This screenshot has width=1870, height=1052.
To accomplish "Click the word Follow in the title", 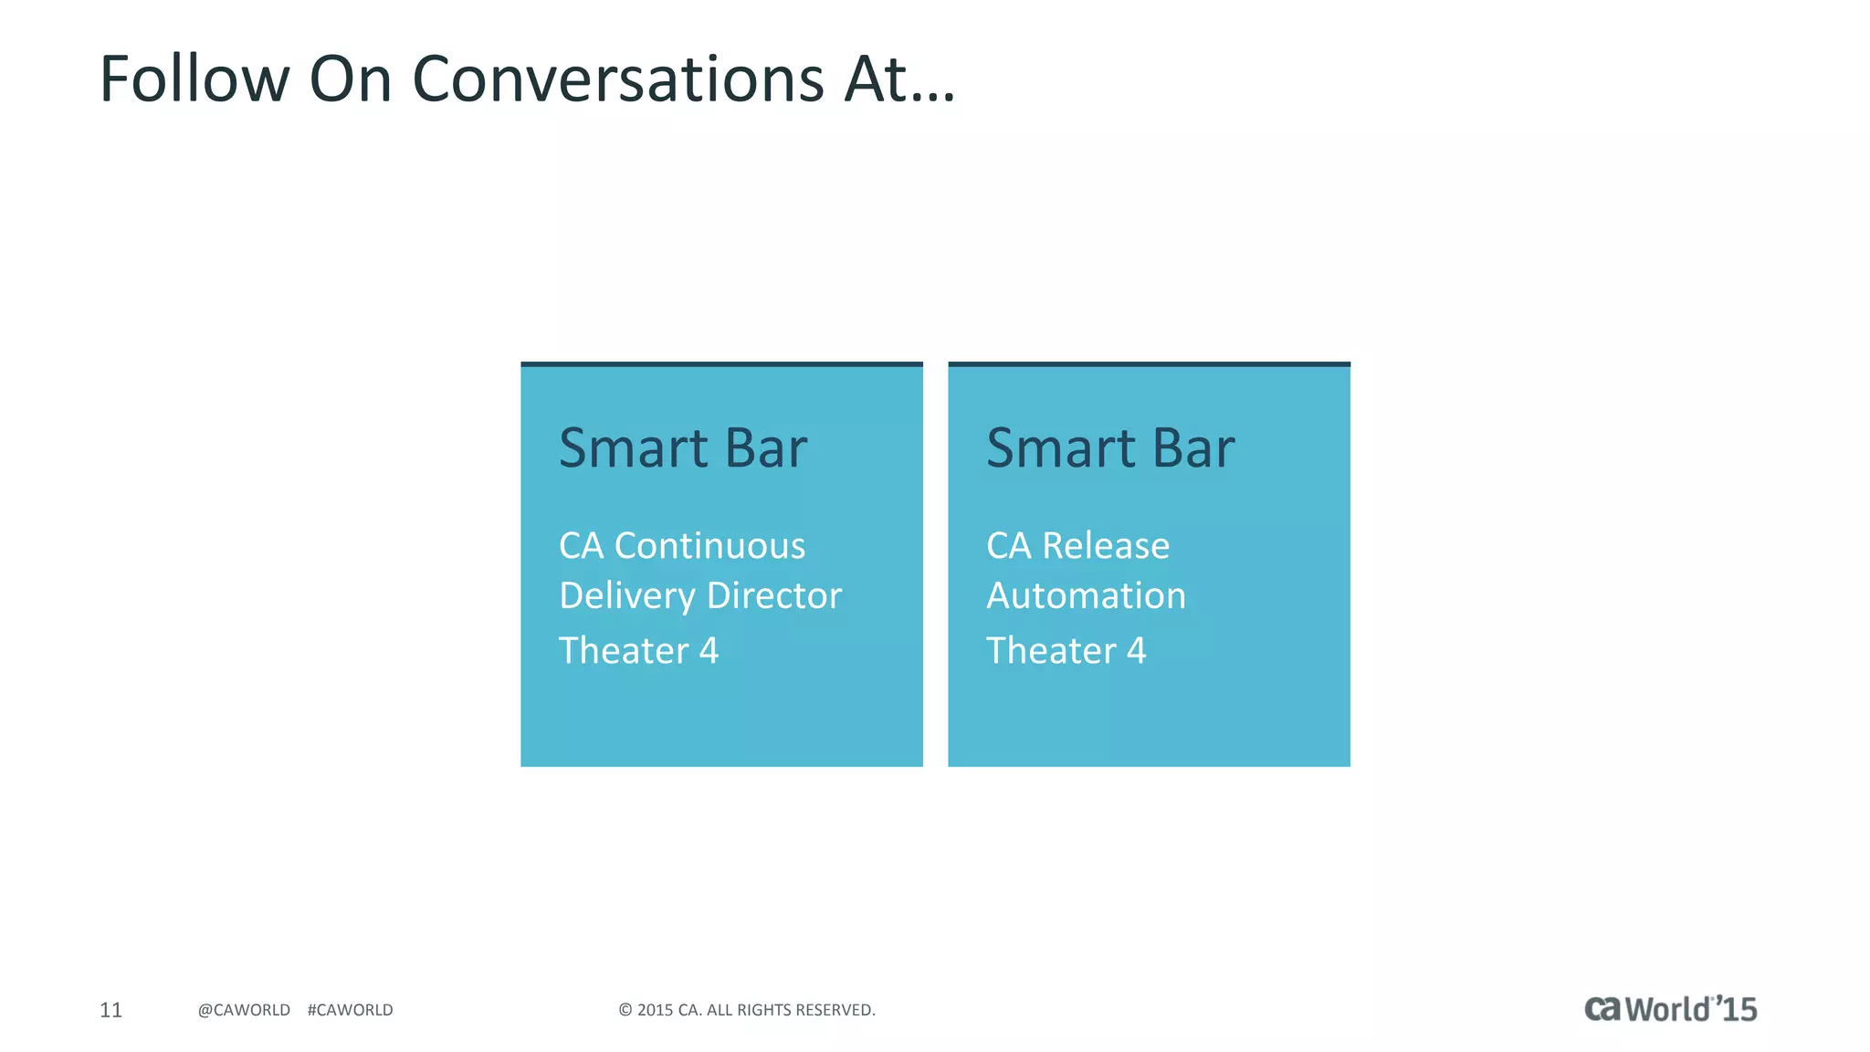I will point(194,79).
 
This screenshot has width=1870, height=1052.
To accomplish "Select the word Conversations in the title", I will point(618,79).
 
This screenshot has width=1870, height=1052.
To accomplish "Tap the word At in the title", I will point(877,79).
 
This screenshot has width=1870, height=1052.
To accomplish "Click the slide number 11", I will point(110,1009).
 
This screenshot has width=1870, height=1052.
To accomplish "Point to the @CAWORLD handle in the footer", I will point(244,1009).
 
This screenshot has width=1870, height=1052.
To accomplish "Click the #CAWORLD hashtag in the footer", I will point(350,1009).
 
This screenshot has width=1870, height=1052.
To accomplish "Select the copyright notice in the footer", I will point(747,1009).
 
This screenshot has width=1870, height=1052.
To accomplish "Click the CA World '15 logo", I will point(1670,1008).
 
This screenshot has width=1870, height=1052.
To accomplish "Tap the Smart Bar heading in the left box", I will point(683,448).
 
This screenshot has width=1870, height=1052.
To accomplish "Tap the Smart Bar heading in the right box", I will point(1110,448).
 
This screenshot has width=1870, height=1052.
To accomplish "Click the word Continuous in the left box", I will point(709,546).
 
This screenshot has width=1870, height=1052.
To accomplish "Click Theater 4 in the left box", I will point(638,651).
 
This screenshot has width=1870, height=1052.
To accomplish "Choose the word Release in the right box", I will point(1106,546).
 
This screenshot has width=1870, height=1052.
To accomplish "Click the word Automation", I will point(1086,595).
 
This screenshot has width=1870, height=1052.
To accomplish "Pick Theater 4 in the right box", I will point(1066,651).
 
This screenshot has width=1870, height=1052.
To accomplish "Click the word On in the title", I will point(351,79).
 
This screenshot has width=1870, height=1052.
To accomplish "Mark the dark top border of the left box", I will point(721,364).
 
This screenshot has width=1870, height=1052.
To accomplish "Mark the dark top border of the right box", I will point(1149,364).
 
